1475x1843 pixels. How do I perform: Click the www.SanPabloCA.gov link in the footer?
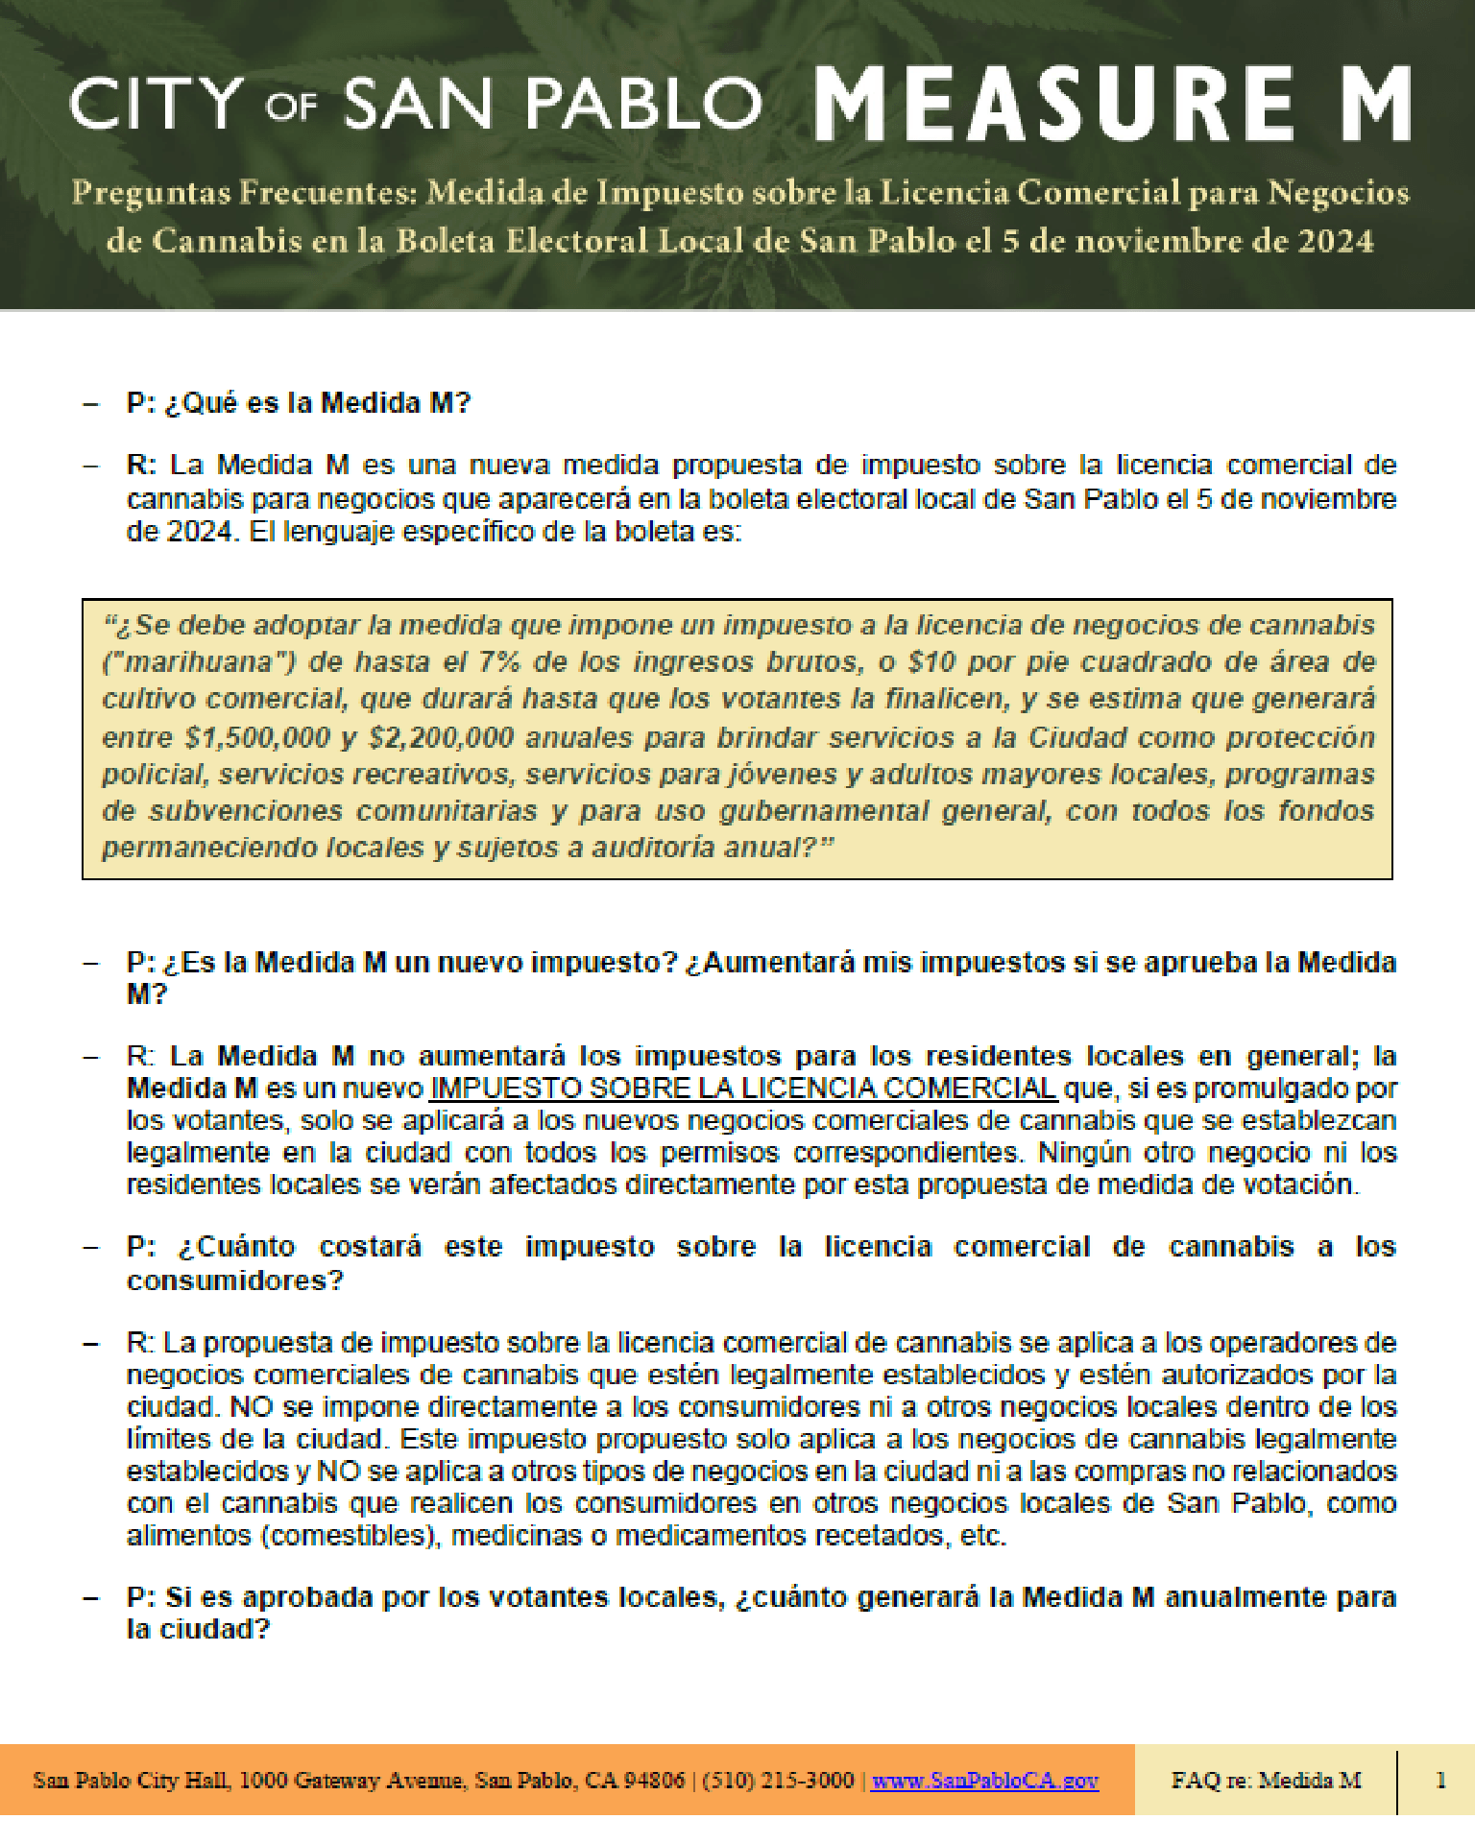[984, 1781]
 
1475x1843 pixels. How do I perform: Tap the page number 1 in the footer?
[1440, 1781]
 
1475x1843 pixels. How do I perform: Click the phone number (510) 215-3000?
[778, 1781]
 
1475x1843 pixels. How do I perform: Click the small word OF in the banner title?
[291, 107]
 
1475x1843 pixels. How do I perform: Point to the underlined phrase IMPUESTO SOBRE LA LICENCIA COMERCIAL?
[743, 1089]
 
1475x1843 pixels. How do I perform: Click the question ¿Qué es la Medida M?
[317, 403]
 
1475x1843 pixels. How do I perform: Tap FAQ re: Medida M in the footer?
[1266, 1781]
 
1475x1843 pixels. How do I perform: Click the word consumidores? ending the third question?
[234, 1281]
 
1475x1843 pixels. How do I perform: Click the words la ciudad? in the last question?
[199, 1629]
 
